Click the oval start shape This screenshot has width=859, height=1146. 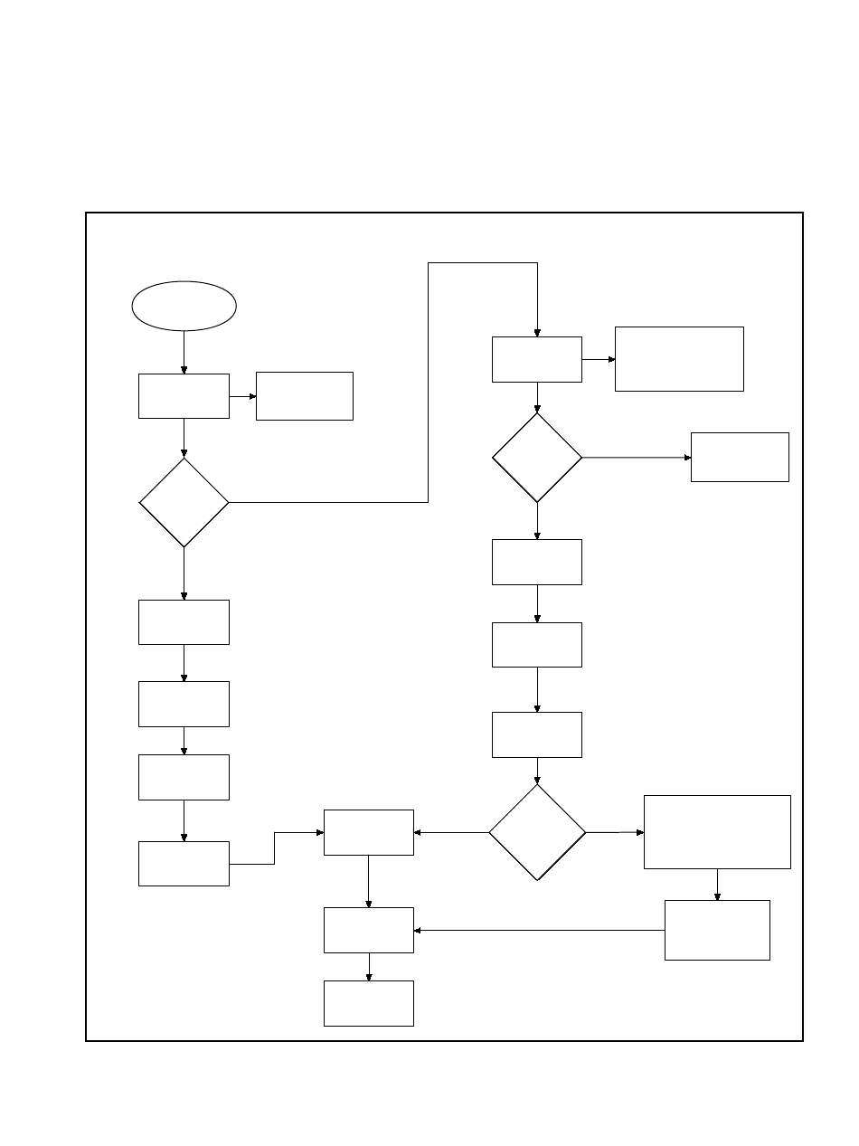(x=184, y=306)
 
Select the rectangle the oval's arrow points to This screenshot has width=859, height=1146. (x=184, y=395)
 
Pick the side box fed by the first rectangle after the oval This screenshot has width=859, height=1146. (x=304, y=395)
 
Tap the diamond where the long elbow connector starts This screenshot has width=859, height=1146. (x=184, y=502)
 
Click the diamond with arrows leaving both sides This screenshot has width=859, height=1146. (x=537, y=831)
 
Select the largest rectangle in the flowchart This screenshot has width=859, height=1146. (x=717, y=831)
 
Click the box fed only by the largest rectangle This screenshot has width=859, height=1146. (x=717, y=930)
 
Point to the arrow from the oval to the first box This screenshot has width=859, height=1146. (x=184, y=352)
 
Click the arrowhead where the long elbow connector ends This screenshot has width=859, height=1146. (x=537, y=332)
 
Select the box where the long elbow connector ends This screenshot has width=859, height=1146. (x=537, y=359)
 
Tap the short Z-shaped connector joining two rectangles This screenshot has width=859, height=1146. (x=275, y=848)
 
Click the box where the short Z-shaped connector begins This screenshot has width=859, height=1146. (x=184, y=863)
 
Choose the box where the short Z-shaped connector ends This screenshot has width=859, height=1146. (x=369, y=831)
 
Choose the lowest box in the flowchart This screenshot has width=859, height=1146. (x=369, y=1003)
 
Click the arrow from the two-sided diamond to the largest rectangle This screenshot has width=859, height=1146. (x=614, y=831)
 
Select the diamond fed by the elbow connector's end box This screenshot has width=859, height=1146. (x=537, y=458)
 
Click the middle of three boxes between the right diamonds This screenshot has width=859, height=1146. (x=537, y=644)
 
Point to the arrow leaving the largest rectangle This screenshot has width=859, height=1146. (x=717, y=884)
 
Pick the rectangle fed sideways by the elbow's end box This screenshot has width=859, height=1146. (x=679, y=359)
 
